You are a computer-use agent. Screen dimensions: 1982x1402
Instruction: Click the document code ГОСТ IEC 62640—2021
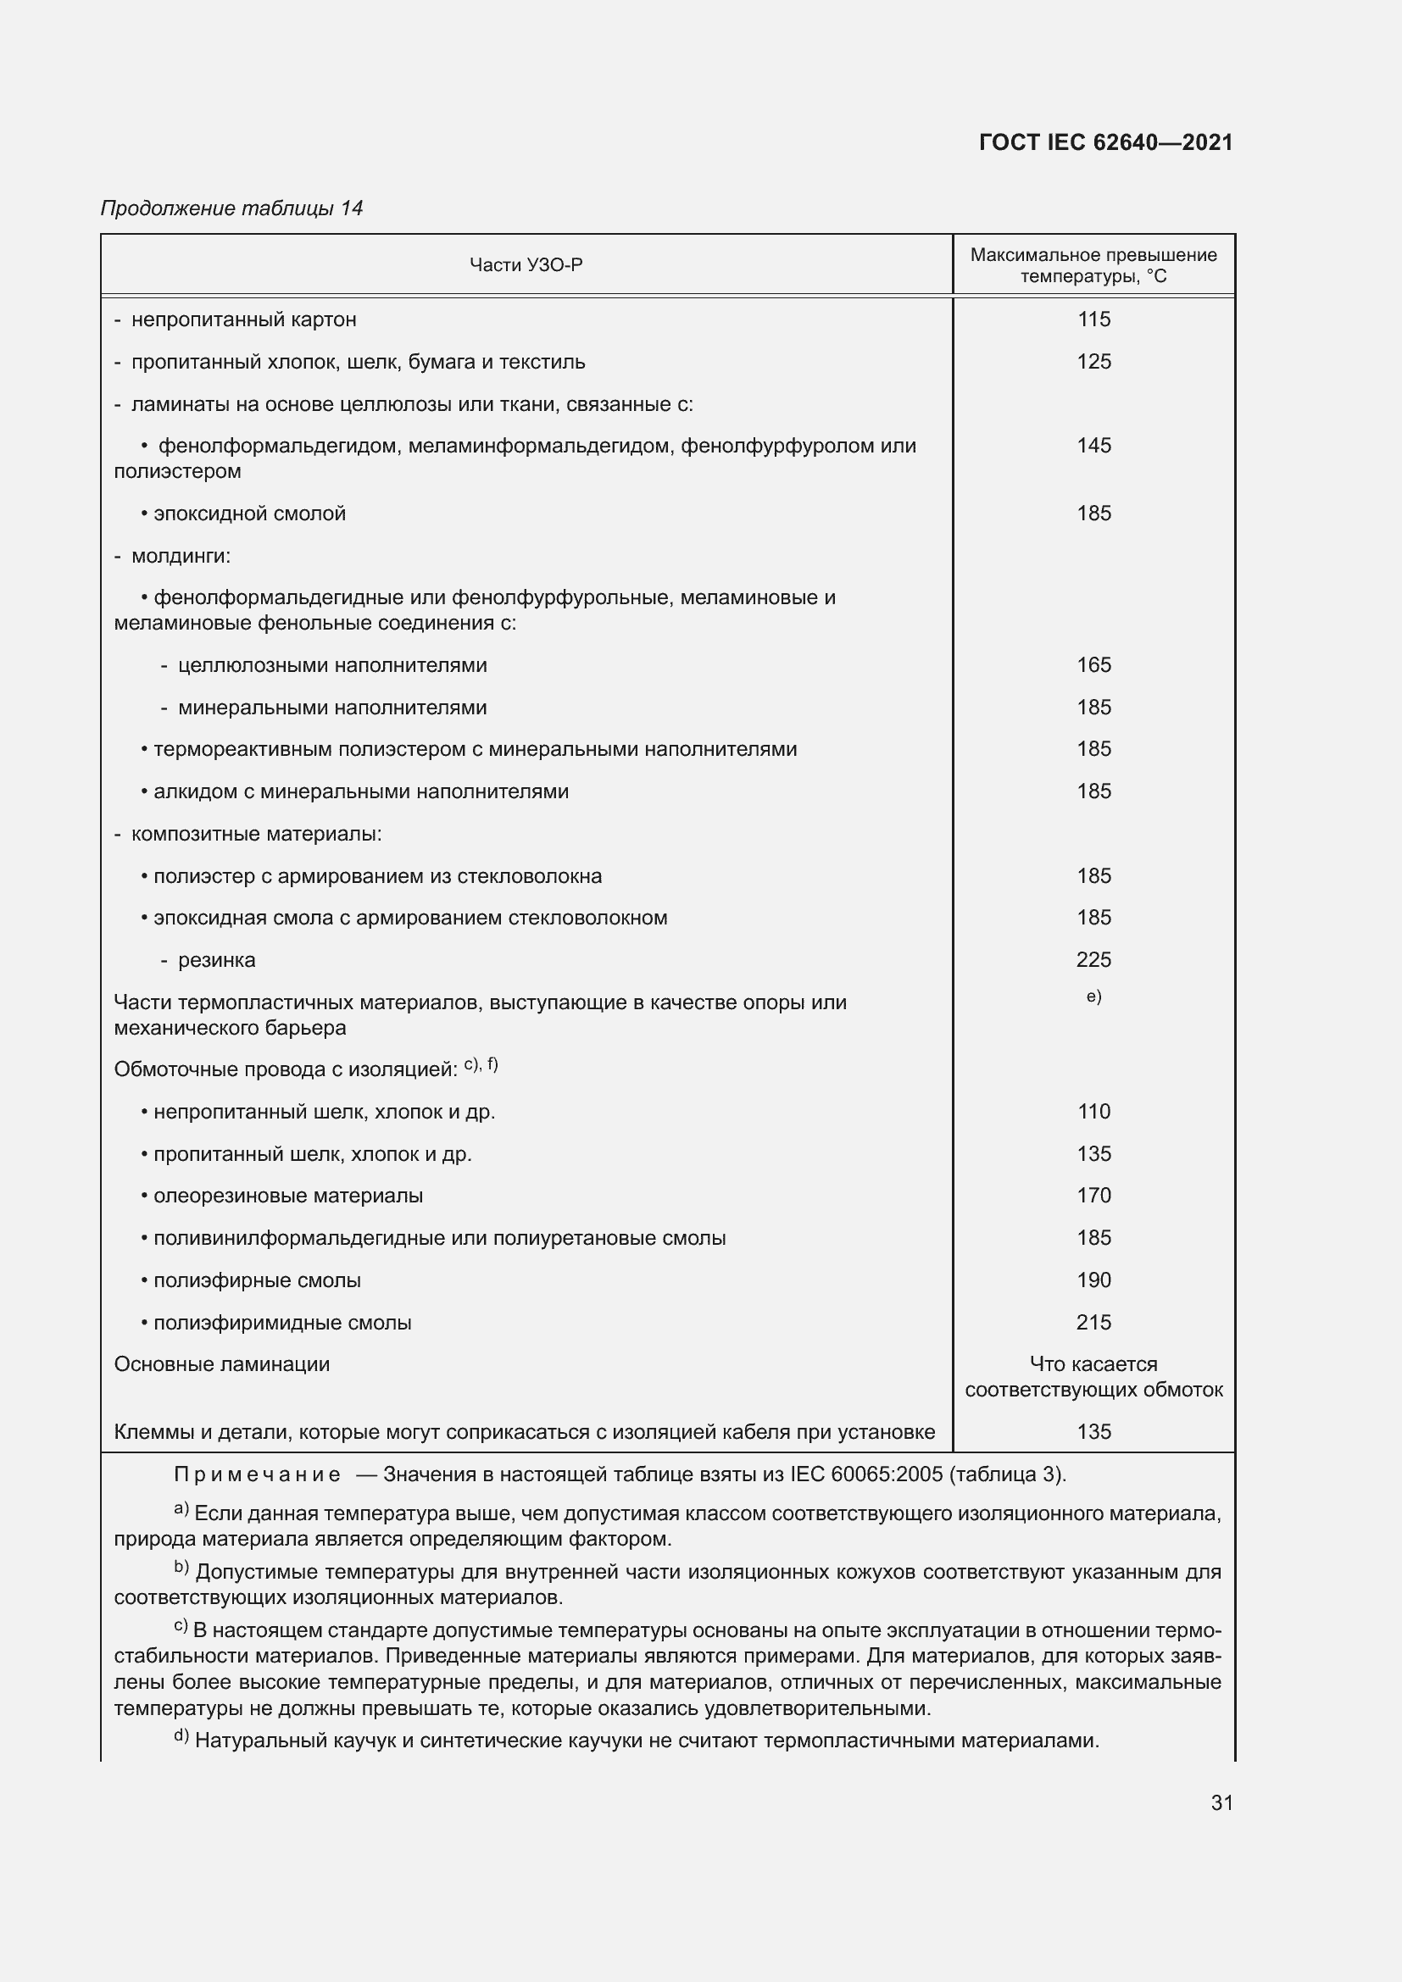(1106, 142)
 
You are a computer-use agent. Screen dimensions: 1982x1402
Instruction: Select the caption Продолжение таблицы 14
(231, 208)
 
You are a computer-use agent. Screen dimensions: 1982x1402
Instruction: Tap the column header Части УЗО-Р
(526, 265)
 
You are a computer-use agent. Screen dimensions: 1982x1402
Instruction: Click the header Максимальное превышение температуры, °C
(1093, 265)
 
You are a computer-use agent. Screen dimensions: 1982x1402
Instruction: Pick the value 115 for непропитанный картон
(1093, 319)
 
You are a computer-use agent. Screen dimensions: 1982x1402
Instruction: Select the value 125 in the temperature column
(1093, 362)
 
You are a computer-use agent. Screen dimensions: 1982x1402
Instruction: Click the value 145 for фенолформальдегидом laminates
(1093, 446)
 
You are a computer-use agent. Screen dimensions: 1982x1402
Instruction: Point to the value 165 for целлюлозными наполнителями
(1093, 664)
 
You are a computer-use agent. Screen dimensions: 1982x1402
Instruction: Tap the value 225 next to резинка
(1093, 960)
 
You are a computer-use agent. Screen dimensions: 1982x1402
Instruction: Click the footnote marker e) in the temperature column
(1093, 997)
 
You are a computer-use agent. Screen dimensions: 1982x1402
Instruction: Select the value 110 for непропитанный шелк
(1093, 1112)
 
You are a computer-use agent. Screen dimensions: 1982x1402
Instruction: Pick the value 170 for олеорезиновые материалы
(1093, 1196)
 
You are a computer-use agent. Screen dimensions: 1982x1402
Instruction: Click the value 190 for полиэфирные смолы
(1093, 1280)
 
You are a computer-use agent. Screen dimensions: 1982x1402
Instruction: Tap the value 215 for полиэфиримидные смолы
(1093, 1323)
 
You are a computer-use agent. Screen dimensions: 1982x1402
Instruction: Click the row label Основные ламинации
(222, 1365)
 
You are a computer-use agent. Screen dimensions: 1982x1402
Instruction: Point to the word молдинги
(181, 556)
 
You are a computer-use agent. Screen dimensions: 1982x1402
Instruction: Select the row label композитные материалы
(255, 834)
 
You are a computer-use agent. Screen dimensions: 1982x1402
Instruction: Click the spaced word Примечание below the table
(256, 1474)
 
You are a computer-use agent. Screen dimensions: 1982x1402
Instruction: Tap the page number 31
(1221, 1803)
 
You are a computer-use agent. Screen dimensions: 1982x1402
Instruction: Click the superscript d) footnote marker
(181, 1736)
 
